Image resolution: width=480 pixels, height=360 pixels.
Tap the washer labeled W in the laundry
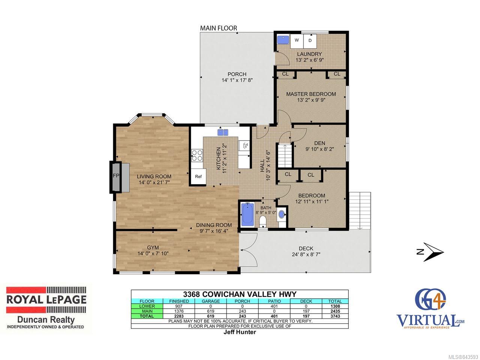coord(297,41)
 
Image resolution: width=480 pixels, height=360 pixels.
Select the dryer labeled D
coord(310,41)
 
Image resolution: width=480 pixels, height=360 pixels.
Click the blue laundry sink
coord(283,40)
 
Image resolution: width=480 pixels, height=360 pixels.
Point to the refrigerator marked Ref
coord(198,176)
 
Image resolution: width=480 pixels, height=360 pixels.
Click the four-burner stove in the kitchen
coord(197,155)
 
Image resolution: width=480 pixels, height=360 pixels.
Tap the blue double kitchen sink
coord(223,132)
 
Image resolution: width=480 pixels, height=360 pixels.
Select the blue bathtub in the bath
coord(247,214)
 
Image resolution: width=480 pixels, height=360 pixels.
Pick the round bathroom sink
coord(282,214)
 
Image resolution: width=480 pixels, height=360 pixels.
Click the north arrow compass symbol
coord(430,252)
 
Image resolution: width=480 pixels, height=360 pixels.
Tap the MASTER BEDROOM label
coord(311,94)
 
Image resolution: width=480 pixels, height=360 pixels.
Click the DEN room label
coord(319,143)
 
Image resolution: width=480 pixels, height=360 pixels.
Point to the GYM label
coord(153,247)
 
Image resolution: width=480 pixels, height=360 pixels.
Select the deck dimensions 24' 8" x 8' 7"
coord(306,254)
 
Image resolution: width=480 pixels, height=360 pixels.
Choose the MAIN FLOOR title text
coord(219,28)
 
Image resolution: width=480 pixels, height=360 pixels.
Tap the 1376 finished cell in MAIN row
coord(179,311)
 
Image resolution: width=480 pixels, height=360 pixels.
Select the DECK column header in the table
coord(306,301)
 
